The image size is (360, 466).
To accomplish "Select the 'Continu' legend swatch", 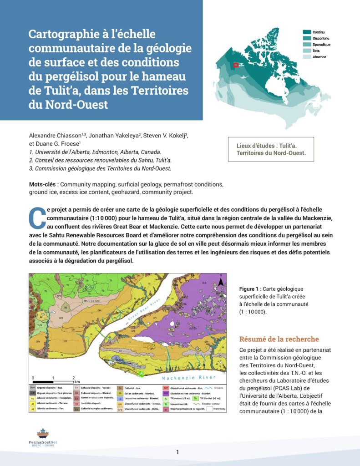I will point(307,32).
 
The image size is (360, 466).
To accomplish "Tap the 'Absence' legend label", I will point(319,57).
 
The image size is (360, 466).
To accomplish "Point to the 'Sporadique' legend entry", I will point(321,45).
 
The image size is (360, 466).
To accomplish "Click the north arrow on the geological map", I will point(220,282).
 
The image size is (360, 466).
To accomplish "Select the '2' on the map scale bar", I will point(74,378).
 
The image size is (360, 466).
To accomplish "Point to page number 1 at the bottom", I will point(178,452).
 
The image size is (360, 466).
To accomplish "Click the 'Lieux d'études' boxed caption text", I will point(271,149).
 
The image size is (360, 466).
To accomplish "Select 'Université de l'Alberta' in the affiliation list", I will point(66,152).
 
